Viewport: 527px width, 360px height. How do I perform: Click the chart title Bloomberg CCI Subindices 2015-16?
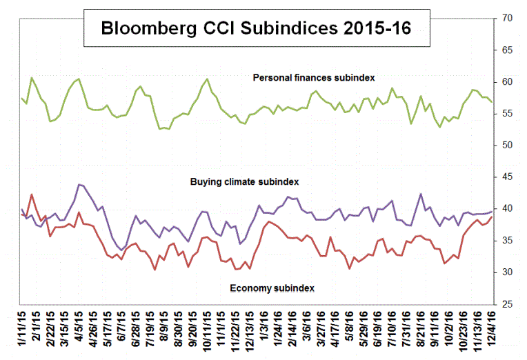point(255,29)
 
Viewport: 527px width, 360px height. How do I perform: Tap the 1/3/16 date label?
point(266,332)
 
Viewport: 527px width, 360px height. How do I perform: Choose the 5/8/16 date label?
point(354,332)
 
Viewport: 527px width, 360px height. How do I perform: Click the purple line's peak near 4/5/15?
point(80,184)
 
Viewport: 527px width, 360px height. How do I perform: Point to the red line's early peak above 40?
point(32,194)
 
